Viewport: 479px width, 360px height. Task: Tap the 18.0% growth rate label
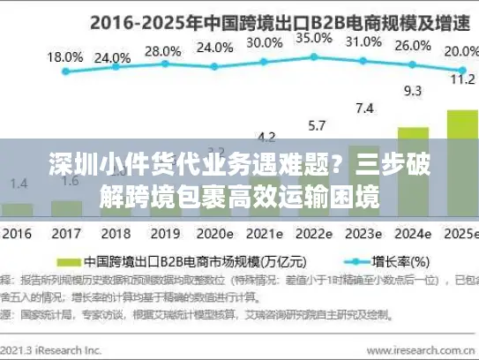coord(64,57)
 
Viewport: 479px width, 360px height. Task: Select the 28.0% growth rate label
coord(162,51)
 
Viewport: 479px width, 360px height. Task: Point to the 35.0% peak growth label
coord(314,38)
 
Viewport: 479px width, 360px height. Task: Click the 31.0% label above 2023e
coord(363,41)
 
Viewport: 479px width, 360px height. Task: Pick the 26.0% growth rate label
coord(412,46)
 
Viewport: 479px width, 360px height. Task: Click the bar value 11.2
coord(462,79)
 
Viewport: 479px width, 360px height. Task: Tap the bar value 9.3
coord(412,90)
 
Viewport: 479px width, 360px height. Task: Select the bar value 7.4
coord(363,109)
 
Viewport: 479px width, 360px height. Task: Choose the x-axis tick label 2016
coord(17,234)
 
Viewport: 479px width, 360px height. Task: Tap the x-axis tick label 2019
coord(162,234)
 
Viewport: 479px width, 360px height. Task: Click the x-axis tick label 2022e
coord(314,234)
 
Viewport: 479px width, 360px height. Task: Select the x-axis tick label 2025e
coord(460,234)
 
